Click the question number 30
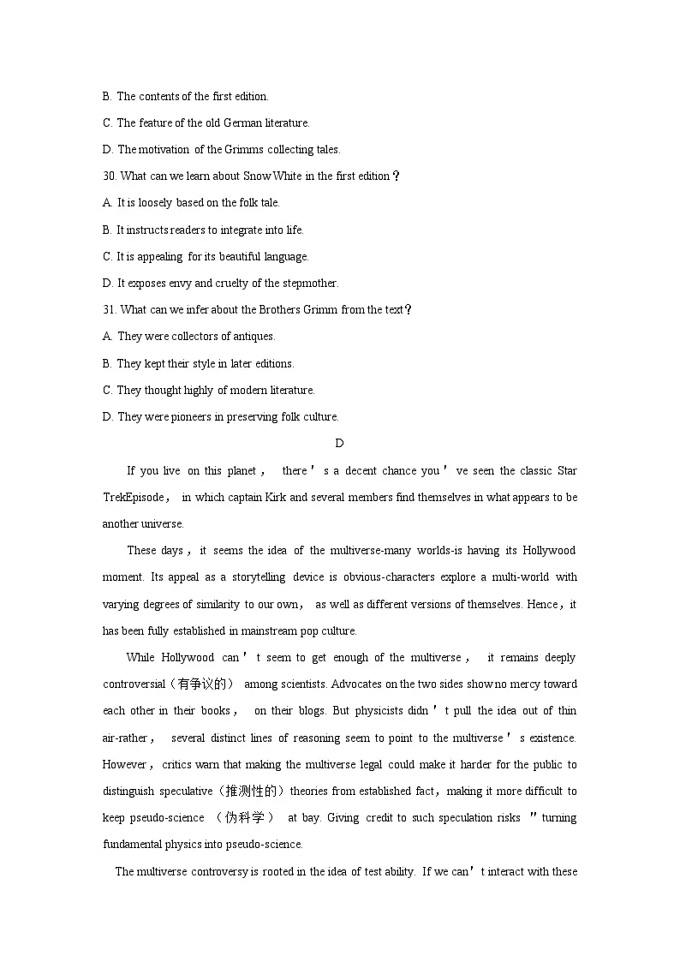pos(110,176)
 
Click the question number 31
pos(109,310)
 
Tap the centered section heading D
pos(339,443)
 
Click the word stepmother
pos(311,284)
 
